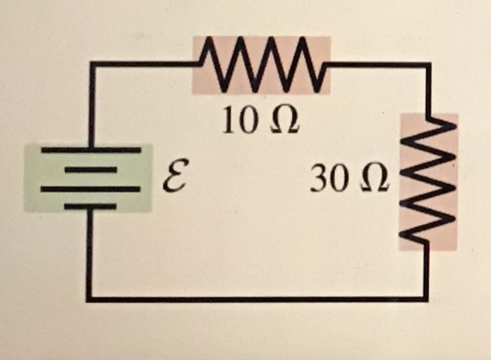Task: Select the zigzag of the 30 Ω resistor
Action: point(429,180)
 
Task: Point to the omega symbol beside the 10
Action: point(284,120)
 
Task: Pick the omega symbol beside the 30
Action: point(375,179)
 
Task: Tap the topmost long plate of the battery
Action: point(91,150)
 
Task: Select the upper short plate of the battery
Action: point(91,170)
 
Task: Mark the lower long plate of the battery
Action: point(90,189)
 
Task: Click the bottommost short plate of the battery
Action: point(90,207)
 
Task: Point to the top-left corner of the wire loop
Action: point(92,65)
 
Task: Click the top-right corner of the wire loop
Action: point(428,66)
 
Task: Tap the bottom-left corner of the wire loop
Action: point(89,299)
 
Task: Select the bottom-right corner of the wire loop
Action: point(425,299)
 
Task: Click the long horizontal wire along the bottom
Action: point(257,299)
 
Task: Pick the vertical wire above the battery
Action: point(92,106)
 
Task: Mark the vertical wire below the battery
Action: point(89,253)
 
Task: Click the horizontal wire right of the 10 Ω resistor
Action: point(377,66)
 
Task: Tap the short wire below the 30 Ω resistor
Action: point(425,272)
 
